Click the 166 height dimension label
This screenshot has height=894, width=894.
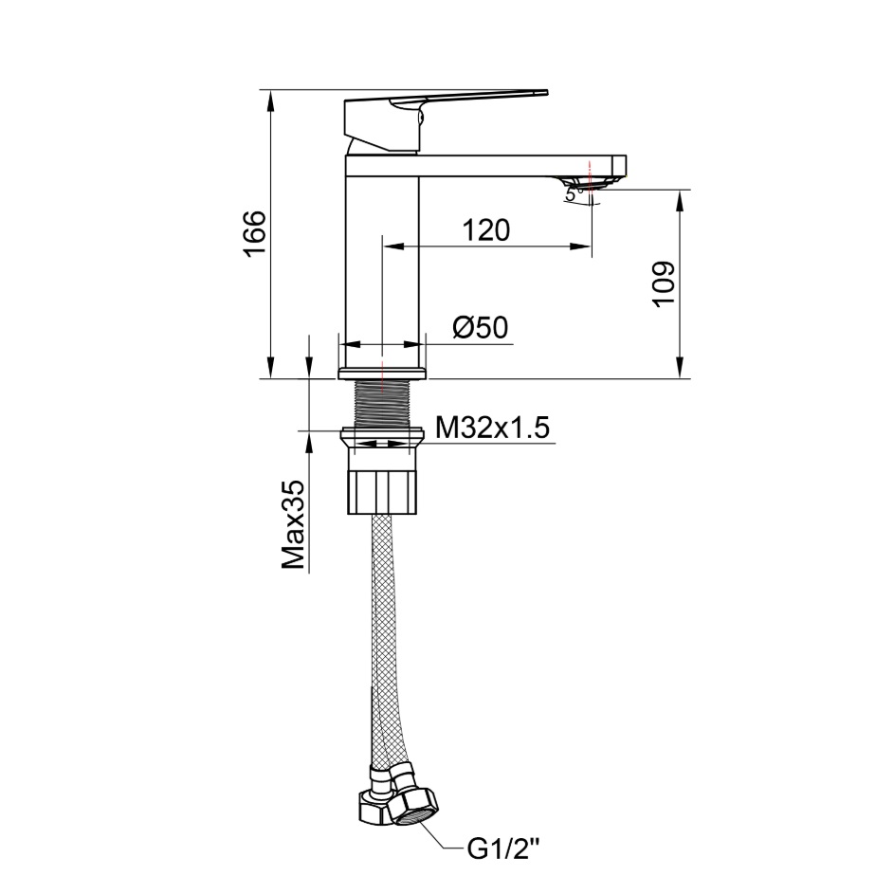coord(255,234)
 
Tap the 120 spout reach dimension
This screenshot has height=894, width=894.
coord(485,230)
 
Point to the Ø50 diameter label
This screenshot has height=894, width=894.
coord(480,328)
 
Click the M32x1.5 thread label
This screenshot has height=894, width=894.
coord(493,428)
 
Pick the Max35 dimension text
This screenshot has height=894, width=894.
coord(294,524)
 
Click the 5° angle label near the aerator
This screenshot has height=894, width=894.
coord(573,194)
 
